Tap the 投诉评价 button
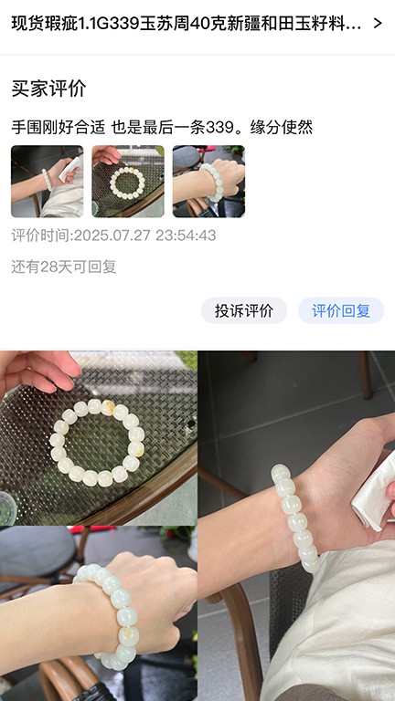(244, 310)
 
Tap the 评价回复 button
(341, 310)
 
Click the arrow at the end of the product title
(378, 23)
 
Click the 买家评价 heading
(48, 89)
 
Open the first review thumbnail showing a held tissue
(47, 182)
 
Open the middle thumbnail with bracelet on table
(128, 182)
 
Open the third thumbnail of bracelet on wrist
(208, 182)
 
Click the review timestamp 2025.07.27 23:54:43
(144, 235)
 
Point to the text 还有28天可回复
(64, 267)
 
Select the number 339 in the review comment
(219, 128)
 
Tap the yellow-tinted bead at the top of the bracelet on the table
(108, 407)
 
